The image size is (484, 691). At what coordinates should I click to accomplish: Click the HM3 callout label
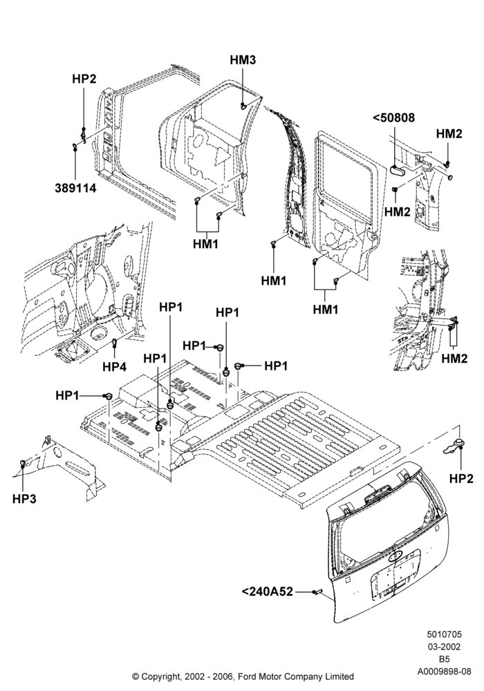243,60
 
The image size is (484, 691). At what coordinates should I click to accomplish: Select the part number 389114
75,188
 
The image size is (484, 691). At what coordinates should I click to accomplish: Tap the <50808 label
393,117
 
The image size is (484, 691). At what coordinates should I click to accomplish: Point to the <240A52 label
268,591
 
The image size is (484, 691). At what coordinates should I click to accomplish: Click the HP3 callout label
24,499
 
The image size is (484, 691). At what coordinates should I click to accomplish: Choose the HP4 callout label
115,366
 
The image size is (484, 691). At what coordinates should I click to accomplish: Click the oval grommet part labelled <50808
396,170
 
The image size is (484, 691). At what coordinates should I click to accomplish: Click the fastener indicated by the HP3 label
22,462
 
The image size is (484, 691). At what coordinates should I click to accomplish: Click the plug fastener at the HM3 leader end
243,106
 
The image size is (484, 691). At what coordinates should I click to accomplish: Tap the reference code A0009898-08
445,671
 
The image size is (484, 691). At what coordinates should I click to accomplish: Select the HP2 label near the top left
84,79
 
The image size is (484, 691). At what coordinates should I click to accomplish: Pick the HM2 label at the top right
449,133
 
